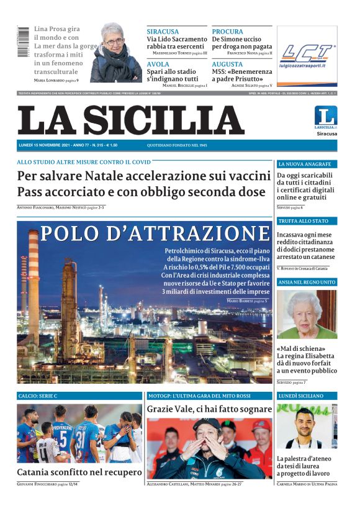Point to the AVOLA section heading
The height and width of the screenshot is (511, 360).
(x=159, y=64)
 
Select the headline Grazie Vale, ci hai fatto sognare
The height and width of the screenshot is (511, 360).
(x=209, y=409)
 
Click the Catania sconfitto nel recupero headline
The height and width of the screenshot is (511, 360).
(x=79, y=473)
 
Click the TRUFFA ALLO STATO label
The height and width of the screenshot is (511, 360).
(x=303, y=220)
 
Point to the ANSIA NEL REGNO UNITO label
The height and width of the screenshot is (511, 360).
(x=307, y=282)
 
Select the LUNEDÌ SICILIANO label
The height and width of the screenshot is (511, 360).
(x=302, y=396)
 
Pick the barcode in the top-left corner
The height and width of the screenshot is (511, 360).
(x=23, y=42)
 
